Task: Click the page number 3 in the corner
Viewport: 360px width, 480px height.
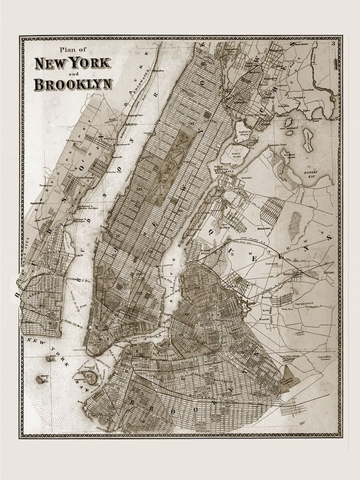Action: click(331, 45)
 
